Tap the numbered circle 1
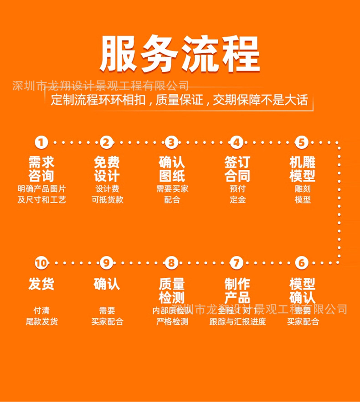tap(41, 143)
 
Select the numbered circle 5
tap(302, 143)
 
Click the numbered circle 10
tap(41, 263)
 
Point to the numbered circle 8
tap(171, 263)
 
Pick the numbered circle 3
tap(171, 143)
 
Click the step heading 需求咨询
tap(41, 169)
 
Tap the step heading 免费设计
tap(107, 169)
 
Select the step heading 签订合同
tap(237, 169)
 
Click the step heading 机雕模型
tap(302, 169)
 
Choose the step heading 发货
tap(41, 284)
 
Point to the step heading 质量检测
tap(171, 291)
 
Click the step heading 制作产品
tap(237, 291)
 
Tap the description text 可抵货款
tap(107, 199)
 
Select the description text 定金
tap(237, 199)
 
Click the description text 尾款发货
tap(41, 321)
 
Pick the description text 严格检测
tap(172, 321)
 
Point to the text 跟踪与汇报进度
tap(237, 321)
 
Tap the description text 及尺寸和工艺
tap(41, 199)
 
